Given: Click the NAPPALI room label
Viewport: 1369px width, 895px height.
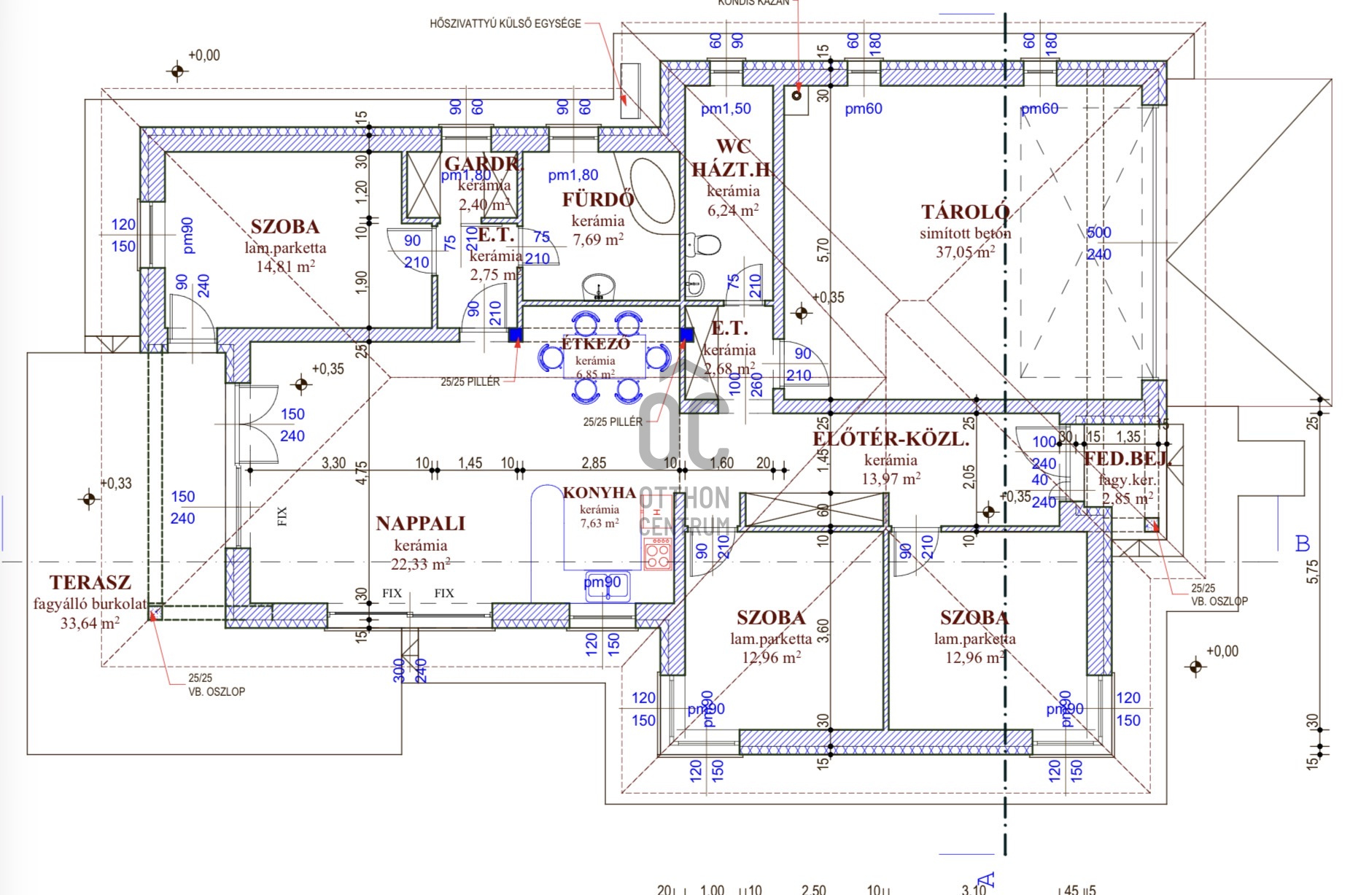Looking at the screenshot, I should pyautogui.click(x=420, y=524).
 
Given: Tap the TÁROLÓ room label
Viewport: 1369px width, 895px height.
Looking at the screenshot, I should pyautogui.click(x=965, y=212).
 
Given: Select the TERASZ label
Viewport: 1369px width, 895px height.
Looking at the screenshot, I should pyautogui.click(x=90, y=583).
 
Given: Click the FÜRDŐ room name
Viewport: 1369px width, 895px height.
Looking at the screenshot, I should pyautogui.click(x=597, y=199).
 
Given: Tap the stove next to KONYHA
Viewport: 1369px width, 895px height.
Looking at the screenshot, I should pyautogui.click(x=658, y=554).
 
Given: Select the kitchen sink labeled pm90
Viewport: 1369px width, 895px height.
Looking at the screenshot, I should pyautogui.click(x=606, y=587).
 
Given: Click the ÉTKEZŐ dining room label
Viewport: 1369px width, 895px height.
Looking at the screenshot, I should pyautogui.click(x=595, y=344).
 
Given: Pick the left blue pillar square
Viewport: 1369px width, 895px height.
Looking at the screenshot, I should pyautogui.click(x=516, y=335).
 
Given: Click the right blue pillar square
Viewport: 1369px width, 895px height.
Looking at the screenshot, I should pyautogui.click(x=686, y=335).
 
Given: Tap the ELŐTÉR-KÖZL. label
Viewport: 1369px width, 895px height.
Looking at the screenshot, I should pyautogui.click(x=891, y=439).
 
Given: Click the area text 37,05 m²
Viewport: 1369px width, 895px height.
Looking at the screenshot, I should pyautogui.click(x=965, y=252).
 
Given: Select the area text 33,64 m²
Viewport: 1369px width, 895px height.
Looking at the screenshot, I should pyautogui.click(x=90, y=623).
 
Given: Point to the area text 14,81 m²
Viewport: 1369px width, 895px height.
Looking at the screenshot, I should pyautogui.click(x=285, y=266).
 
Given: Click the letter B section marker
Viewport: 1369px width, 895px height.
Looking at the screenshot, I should pyautogui.click(x=1302, y=544).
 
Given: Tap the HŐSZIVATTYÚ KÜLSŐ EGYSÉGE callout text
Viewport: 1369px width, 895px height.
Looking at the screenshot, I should pyautogui.click(x=505, y=23).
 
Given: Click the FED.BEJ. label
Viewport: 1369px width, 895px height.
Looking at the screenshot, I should pyautogui.click(x=1126, y=459).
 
